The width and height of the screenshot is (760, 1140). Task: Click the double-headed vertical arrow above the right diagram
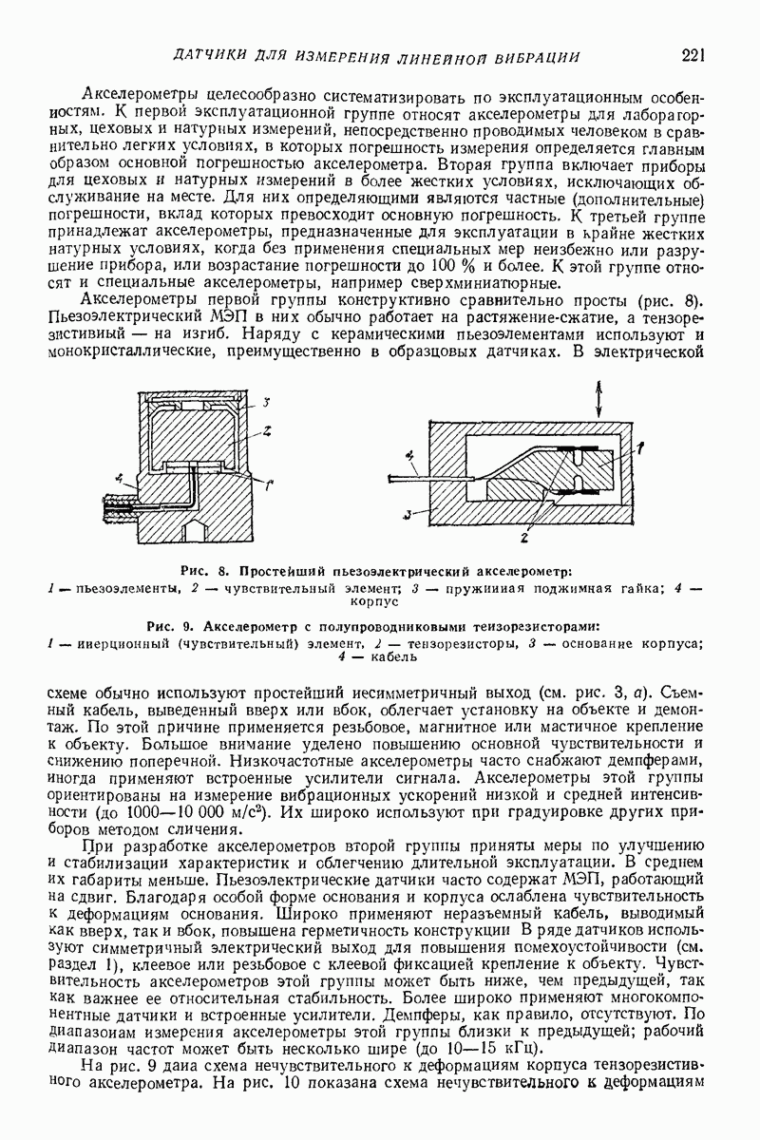[x=598, y=397]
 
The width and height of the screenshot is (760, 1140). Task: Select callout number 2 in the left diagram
[x=269, y=430]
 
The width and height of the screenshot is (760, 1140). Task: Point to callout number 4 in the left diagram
[x=119, y=475]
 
